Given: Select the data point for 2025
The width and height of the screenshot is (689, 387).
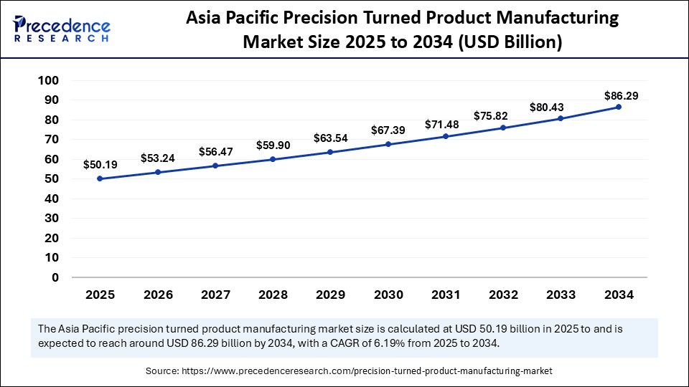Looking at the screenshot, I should click(100, 178).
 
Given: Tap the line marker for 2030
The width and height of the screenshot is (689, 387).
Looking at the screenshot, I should click(388, 144).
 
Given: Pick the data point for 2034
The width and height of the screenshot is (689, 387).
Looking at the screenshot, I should click(619, 107).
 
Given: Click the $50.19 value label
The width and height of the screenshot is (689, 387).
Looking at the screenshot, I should click(100, 165).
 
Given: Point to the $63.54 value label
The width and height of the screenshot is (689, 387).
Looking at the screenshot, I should click(331, 138).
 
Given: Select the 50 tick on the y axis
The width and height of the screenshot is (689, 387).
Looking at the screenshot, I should click(50, 178).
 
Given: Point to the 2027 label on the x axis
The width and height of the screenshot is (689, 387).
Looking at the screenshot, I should click(215, 295).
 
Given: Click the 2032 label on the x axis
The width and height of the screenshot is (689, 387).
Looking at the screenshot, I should click(503, 295).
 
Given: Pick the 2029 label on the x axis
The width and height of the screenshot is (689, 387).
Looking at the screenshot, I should click(330, 295).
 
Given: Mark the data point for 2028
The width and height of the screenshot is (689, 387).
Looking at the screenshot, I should click(273, 159).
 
